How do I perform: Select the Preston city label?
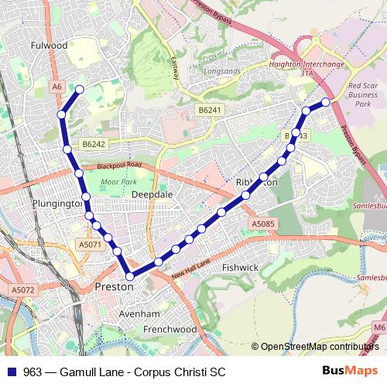tap(114, 286)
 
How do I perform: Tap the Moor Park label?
tap(118, 183)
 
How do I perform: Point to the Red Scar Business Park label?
tap(363, 94)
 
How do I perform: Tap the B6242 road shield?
tap(94, 144)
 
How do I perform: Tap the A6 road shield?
tap(57, 87)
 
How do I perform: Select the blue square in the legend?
tap(11, 371)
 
